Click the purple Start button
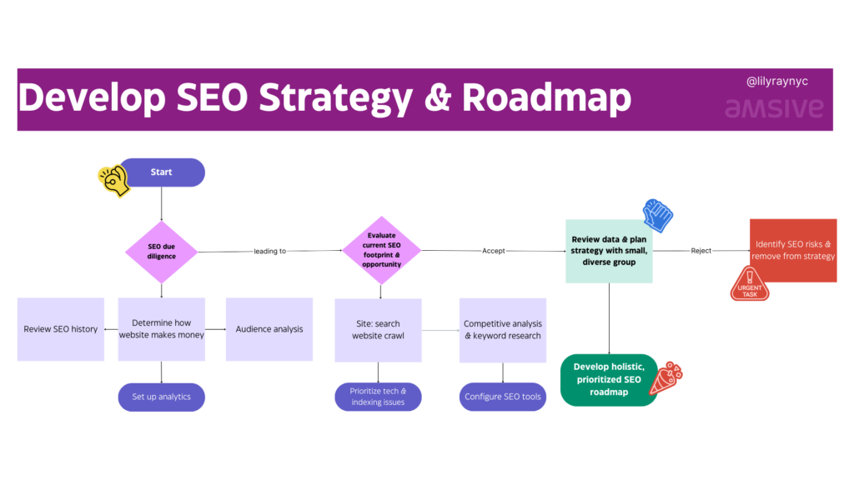(162, 172)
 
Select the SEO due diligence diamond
(161, 252)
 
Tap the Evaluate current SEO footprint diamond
(381, 250)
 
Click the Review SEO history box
(60, 329)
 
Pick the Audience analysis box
(269, 329)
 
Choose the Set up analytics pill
(161, 397)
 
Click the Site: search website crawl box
(378, 330)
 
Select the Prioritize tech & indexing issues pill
(378, 397)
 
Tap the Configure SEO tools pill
(503, 397)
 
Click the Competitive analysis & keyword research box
(503, 330)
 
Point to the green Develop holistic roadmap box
(608, 380)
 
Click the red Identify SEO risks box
(793, 250)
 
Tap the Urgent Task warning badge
(750, 283)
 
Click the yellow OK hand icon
(113, 181)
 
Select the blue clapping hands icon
(657, 216)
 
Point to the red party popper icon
(666, 377)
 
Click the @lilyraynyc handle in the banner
(776, 81)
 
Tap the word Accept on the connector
(494, 251)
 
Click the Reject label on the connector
(701, 251)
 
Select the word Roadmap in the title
(547, 97)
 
